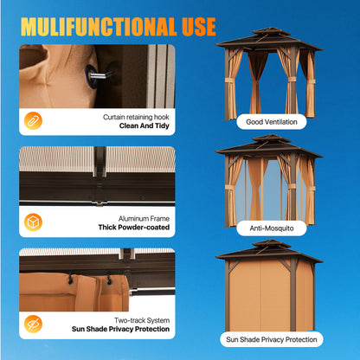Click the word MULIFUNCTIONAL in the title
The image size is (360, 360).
point(99,27)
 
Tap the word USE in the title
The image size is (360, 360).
point(199,27)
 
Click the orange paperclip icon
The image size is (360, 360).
point(33,120)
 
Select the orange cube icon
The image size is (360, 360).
point(33,222)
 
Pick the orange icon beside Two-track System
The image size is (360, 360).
point(33,324)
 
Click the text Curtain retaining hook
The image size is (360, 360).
point(136,117)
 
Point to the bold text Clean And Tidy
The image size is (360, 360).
point(145,125)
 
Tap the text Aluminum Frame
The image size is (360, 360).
point(144,219)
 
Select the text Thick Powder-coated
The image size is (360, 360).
point(134,228)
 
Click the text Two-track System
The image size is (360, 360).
point(142,320)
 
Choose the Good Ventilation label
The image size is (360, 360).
point(272,122)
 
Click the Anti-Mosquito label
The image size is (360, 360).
point(272,228)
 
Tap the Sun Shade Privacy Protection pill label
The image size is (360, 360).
point(272,339)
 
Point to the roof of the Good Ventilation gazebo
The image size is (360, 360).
point(269,39)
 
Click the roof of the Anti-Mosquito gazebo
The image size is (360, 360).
point(269,146)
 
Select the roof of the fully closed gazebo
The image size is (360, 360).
point(269,251)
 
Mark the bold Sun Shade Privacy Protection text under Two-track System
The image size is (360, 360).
point(120,329)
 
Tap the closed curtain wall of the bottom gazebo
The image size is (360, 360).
point(271,296)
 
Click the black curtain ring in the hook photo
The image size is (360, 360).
point(90,76)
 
